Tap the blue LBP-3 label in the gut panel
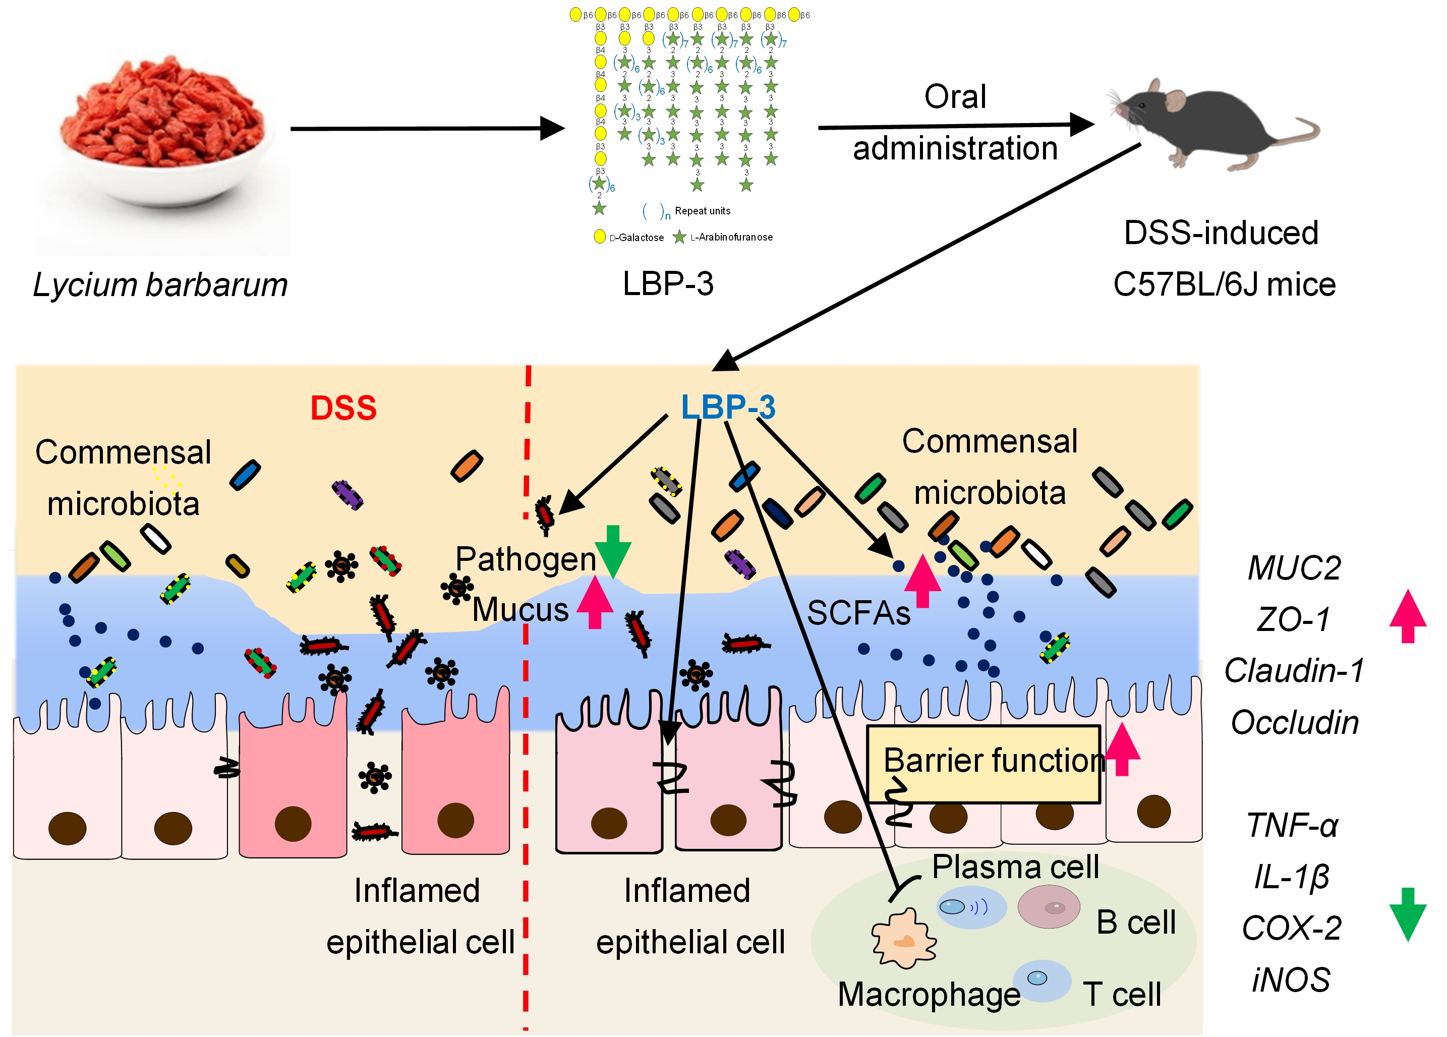coord(727,407)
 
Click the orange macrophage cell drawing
coord(903,938)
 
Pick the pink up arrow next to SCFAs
coord(922,581)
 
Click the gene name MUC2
coord(1294,567)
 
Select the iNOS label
coord(1291,980)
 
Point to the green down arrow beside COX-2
coord(1408,914)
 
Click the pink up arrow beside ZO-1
coord(1408,616)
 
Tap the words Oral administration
coord(955,123)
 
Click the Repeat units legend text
coord(702,211)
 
